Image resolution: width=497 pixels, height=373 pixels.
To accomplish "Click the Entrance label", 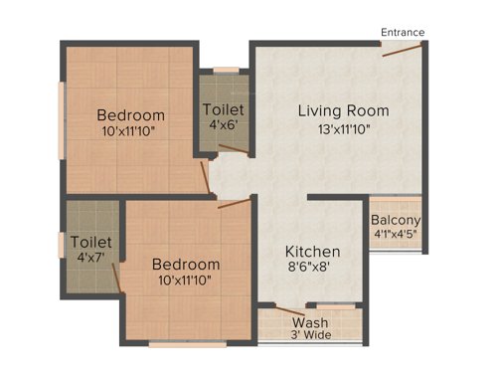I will (x=403, y=33).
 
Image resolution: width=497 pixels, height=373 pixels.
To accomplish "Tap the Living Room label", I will (x=343, y=110).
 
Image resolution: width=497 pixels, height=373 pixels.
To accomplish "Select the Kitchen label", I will (x=313, y=252).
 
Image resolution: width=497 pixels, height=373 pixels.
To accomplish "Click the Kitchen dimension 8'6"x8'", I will (x=313, y=269).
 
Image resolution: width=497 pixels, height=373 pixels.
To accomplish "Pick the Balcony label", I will (x=396, y=220).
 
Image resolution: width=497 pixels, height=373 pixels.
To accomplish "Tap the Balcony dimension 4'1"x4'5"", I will (x=396, y=236).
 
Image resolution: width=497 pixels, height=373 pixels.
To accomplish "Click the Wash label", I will (x=311, y=321).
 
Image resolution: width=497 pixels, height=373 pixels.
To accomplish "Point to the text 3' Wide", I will (x=311, y=336).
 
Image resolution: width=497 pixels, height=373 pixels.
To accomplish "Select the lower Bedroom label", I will (x=185, y=264).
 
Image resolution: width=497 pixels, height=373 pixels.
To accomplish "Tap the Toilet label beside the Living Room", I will (x=223, y=108).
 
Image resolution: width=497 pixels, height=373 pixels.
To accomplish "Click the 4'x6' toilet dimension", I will (x=223, y=125).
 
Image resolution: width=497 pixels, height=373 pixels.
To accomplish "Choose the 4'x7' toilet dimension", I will (x=90, y=259).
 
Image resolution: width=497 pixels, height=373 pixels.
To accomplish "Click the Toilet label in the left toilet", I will (x=90, y=242).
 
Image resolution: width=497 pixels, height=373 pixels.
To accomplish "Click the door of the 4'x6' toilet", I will (x=233, y=150).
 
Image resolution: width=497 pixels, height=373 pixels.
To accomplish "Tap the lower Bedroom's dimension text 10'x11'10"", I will (x=185, y=281).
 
